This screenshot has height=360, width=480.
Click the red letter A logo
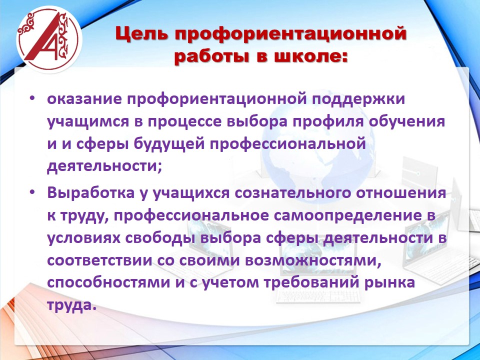coord(49,39)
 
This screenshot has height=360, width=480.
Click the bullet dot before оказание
coord(32,99)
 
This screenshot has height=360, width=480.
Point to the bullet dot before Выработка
coord(32,192)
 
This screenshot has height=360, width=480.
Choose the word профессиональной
coord(288,144)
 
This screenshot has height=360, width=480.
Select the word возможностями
coord(313,260)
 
